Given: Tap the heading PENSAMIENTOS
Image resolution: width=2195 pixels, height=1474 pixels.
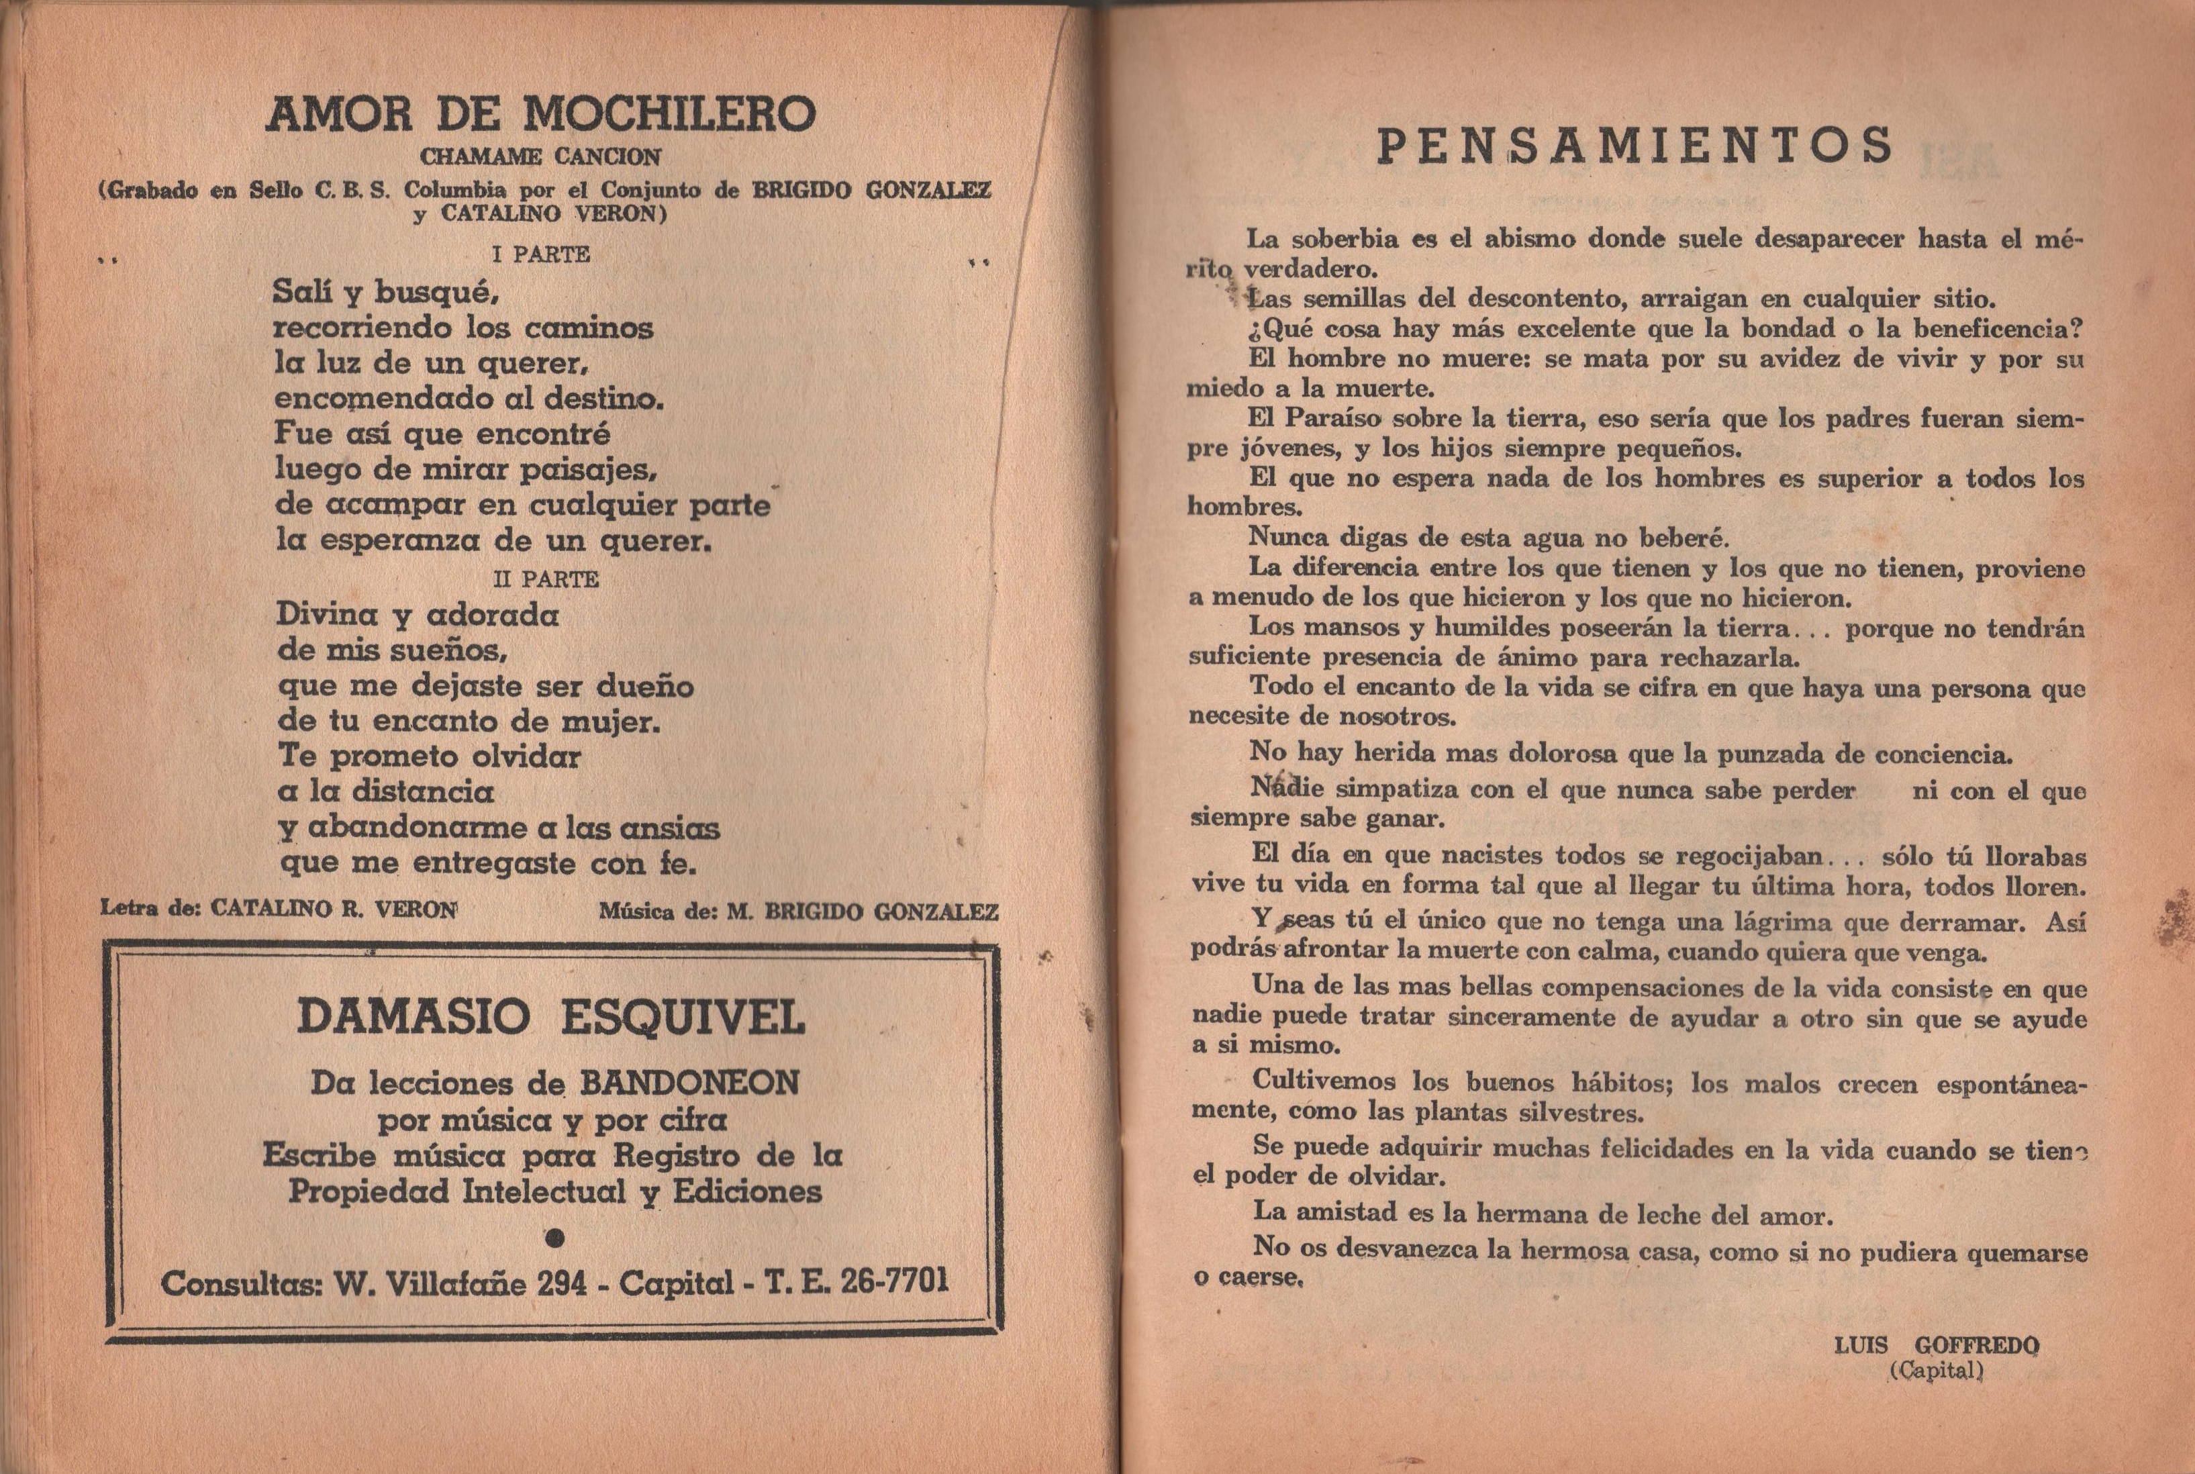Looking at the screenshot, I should coord(1634,146).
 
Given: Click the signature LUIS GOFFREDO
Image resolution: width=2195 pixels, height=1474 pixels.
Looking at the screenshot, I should coord(1937,1345).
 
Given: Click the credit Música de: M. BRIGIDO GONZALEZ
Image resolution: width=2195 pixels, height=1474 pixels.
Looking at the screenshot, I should coord(798,911).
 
